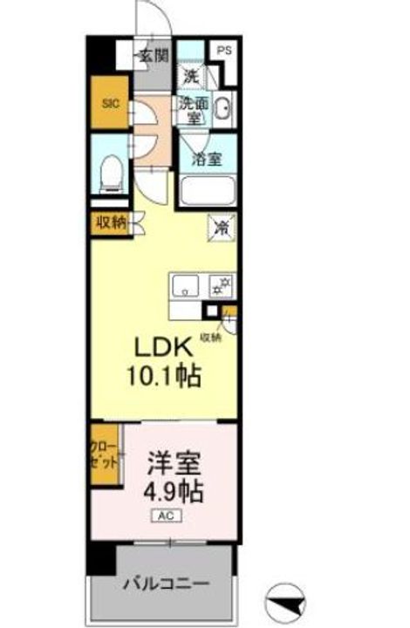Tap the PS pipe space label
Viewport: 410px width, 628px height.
(225, 51)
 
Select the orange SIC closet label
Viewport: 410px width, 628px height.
(110, 103)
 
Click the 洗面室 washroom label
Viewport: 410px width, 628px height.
(195, 111)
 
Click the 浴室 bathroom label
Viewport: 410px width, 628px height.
(206, 160)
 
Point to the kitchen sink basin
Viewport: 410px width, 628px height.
(188, 284)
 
